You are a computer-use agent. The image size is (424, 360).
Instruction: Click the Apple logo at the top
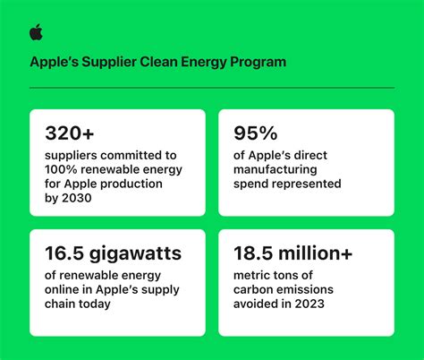pyautogui.click(x=36, y=33)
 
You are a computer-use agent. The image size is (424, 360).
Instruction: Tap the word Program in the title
pyautogui.click(x=260, y=63)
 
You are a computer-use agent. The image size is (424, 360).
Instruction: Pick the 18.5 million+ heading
pyautogui.click(x=293, y=254)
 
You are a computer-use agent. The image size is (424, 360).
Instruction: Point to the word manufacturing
pyautogui.click(x=272, y=170)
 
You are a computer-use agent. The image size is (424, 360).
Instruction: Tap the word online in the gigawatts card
pyautogui.click(x=61, y=290)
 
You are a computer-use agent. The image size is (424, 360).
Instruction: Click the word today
pyautogui.click(x=96, y=304)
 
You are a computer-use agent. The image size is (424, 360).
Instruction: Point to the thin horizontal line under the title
pyautogui.click(x=212, y=88)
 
